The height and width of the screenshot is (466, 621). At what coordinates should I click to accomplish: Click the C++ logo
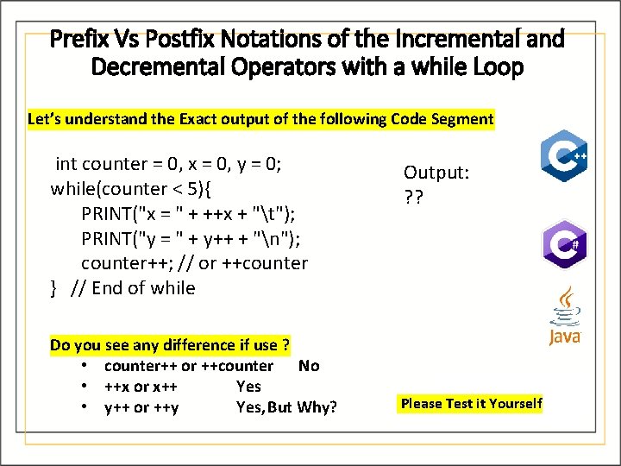point(564,156)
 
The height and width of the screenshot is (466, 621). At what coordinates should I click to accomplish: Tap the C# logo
point(564,244)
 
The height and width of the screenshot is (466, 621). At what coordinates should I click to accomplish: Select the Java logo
point(566,317)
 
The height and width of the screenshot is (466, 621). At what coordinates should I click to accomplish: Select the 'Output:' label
point(436,173)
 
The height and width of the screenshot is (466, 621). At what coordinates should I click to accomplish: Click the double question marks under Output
point(413,197)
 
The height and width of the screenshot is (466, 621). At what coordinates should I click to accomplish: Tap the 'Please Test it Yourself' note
point(472,403)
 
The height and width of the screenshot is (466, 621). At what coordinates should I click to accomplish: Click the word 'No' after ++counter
point(308,366)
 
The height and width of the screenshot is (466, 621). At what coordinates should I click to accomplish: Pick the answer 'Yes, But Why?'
point(286,407)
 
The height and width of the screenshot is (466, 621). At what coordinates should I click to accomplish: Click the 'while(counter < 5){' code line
point(135,188)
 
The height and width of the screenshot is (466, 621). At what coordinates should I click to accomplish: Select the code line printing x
point(190,212)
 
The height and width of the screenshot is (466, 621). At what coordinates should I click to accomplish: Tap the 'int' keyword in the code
point(66,164)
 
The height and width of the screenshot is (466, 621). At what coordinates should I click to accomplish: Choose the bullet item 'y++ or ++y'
point(141,407)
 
